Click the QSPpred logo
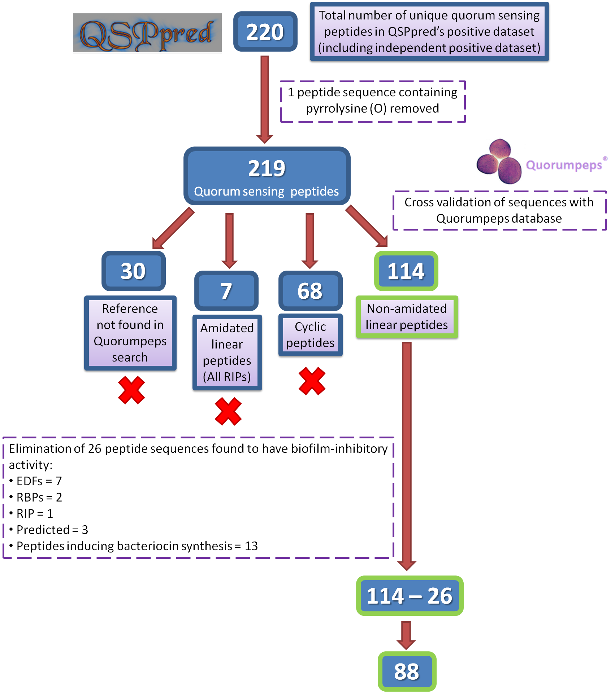click(147, 34)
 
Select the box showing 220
click(265, 32)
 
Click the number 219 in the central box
click(267, 168)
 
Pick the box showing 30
click(133, 271)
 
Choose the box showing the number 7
click(226, 291)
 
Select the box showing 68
click(310, 291)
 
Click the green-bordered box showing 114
click(406, 271)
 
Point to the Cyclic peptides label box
click(310, 335)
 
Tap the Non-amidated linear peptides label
click(407, 317)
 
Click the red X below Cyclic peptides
click(312, 381)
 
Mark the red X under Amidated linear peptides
click(228, 411)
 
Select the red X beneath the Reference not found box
click(131, 390)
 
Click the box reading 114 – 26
click(410, 596)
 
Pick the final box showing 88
click(407, 671)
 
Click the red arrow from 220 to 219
click(265, 99)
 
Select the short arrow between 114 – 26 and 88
click(406, 635)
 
